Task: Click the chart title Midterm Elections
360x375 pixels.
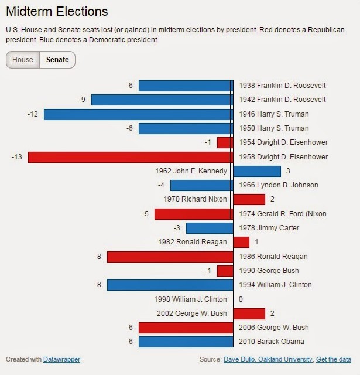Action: (x=57, y=11)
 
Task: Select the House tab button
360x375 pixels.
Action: (x=23, y=60)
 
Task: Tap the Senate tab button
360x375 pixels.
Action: (x=57, y=60)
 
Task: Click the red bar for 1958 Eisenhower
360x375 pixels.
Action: (x=130, y=157)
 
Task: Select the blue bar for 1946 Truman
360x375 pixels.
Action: (x=138, y=114)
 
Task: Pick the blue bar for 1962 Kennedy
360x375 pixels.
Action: (x=257, y=171)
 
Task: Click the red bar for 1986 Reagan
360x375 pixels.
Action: (x=170, y=257)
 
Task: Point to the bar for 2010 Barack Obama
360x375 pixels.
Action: (x=186, y=342)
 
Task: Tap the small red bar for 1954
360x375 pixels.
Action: (x=225, y=142)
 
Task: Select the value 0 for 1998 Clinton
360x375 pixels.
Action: (x=241, y=299)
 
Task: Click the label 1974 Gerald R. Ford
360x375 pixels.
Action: (x=283, y=214)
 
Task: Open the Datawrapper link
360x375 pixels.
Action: (x=61, y=359)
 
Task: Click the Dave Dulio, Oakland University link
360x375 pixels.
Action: (x=269, y=359)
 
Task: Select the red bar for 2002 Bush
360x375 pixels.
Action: (x=249, y=313)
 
